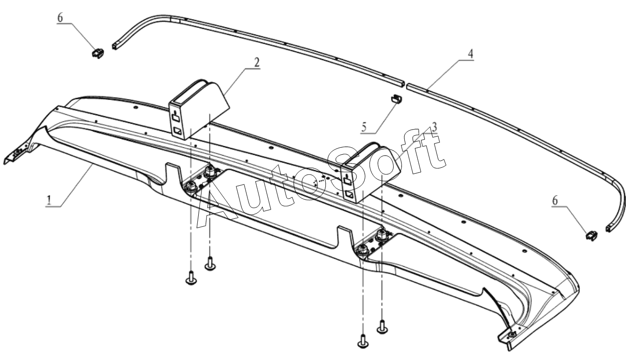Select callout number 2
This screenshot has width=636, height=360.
(257, 63)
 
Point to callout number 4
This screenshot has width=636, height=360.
(471, 53)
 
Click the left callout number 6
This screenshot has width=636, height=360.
(60, 18)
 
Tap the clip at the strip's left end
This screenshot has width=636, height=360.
(97, 54)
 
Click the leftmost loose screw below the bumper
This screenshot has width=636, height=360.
(191, 279)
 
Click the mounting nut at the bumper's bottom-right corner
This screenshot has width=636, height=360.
(512, 335)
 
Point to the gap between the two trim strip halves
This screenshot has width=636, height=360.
(404, 85)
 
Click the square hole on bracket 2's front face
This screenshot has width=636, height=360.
(178, 132)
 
